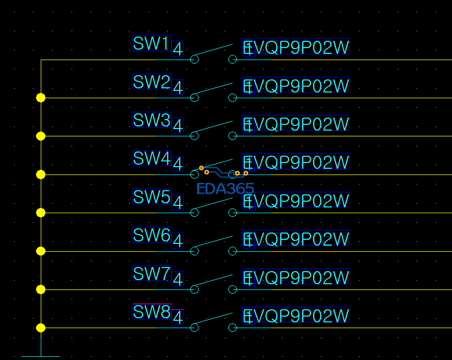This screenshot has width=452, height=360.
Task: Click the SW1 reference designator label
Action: [152, 43]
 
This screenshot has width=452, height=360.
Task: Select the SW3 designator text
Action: [152, 120]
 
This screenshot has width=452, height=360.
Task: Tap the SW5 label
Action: [152, 196]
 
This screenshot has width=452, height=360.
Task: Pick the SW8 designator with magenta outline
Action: [152, 311]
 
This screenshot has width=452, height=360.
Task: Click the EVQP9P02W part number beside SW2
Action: [296, 85]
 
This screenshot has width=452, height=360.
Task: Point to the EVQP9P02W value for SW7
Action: [296, 276]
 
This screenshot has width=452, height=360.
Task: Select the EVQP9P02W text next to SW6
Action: [296, 238]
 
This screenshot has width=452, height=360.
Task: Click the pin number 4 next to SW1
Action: [177, 49]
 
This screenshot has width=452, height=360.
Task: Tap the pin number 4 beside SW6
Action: [177, 240]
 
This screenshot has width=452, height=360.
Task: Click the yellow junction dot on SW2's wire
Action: [41, 98]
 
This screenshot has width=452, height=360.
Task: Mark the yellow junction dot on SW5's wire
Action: [41, 213]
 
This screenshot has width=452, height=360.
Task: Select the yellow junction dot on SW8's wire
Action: [41, 328]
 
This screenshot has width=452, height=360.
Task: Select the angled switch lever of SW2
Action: [213, 88]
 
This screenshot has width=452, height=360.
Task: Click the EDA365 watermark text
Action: [225, 189]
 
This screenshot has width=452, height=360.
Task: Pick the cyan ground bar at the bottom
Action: [41, 356]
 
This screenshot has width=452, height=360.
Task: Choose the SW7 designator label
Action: [152, 273]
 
